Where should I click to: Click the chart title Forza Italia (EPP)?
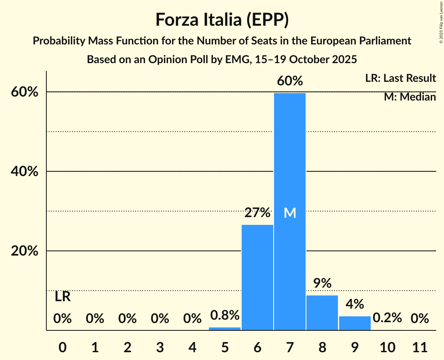(222, 19)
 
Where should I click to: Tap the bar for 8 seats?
(322, 313)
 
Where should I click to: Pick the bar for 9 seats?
(355, 323)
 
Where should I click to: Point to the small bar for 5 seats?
(225, 328)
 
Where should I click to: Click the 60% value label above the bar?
(290, 81)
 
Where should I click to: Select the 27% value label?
(257, 213)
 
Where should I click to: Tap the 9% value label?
(322, 283)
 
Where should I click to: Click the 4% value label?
(355, 304)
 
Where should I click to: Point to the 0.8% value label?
(225, 315)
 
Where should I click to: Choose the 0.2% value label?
(387, 318)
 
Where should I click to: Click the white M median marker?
(290, 213)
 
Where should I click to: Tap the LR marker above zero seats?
(62, 297)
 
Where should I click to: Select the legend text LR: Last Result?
(400, 78)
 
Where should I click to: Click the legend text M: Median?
(410, 97)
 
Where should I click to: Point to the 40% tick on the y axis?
(25, 171)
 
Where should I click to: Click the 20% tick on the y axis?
(25, 251)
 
